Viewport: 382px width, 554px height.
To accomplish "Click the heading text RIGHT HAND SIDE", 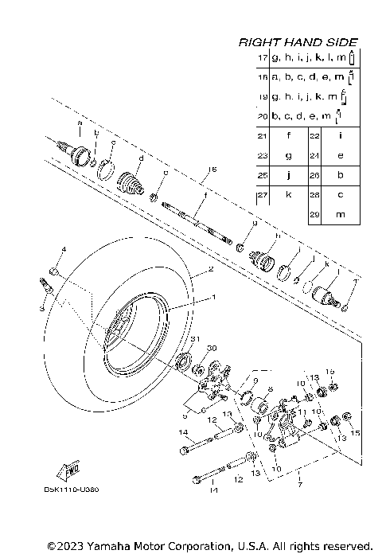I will coord(298,42).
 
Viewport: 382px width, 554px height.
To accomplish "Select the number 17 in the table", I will coord(263,59).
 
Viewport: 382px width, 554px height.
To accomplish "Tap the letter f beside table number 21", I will coord(289,135).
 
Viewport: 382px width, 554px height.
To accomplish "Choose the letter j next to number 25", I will coord(289,174).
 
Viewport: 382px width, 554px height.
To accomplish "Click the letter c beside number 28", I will coord(340,194).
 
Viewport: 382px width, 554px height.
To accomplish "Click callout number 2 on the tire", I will coord(211,271).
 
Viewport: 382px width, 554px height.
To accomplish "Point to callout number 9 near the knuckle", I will coord(255,381).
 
